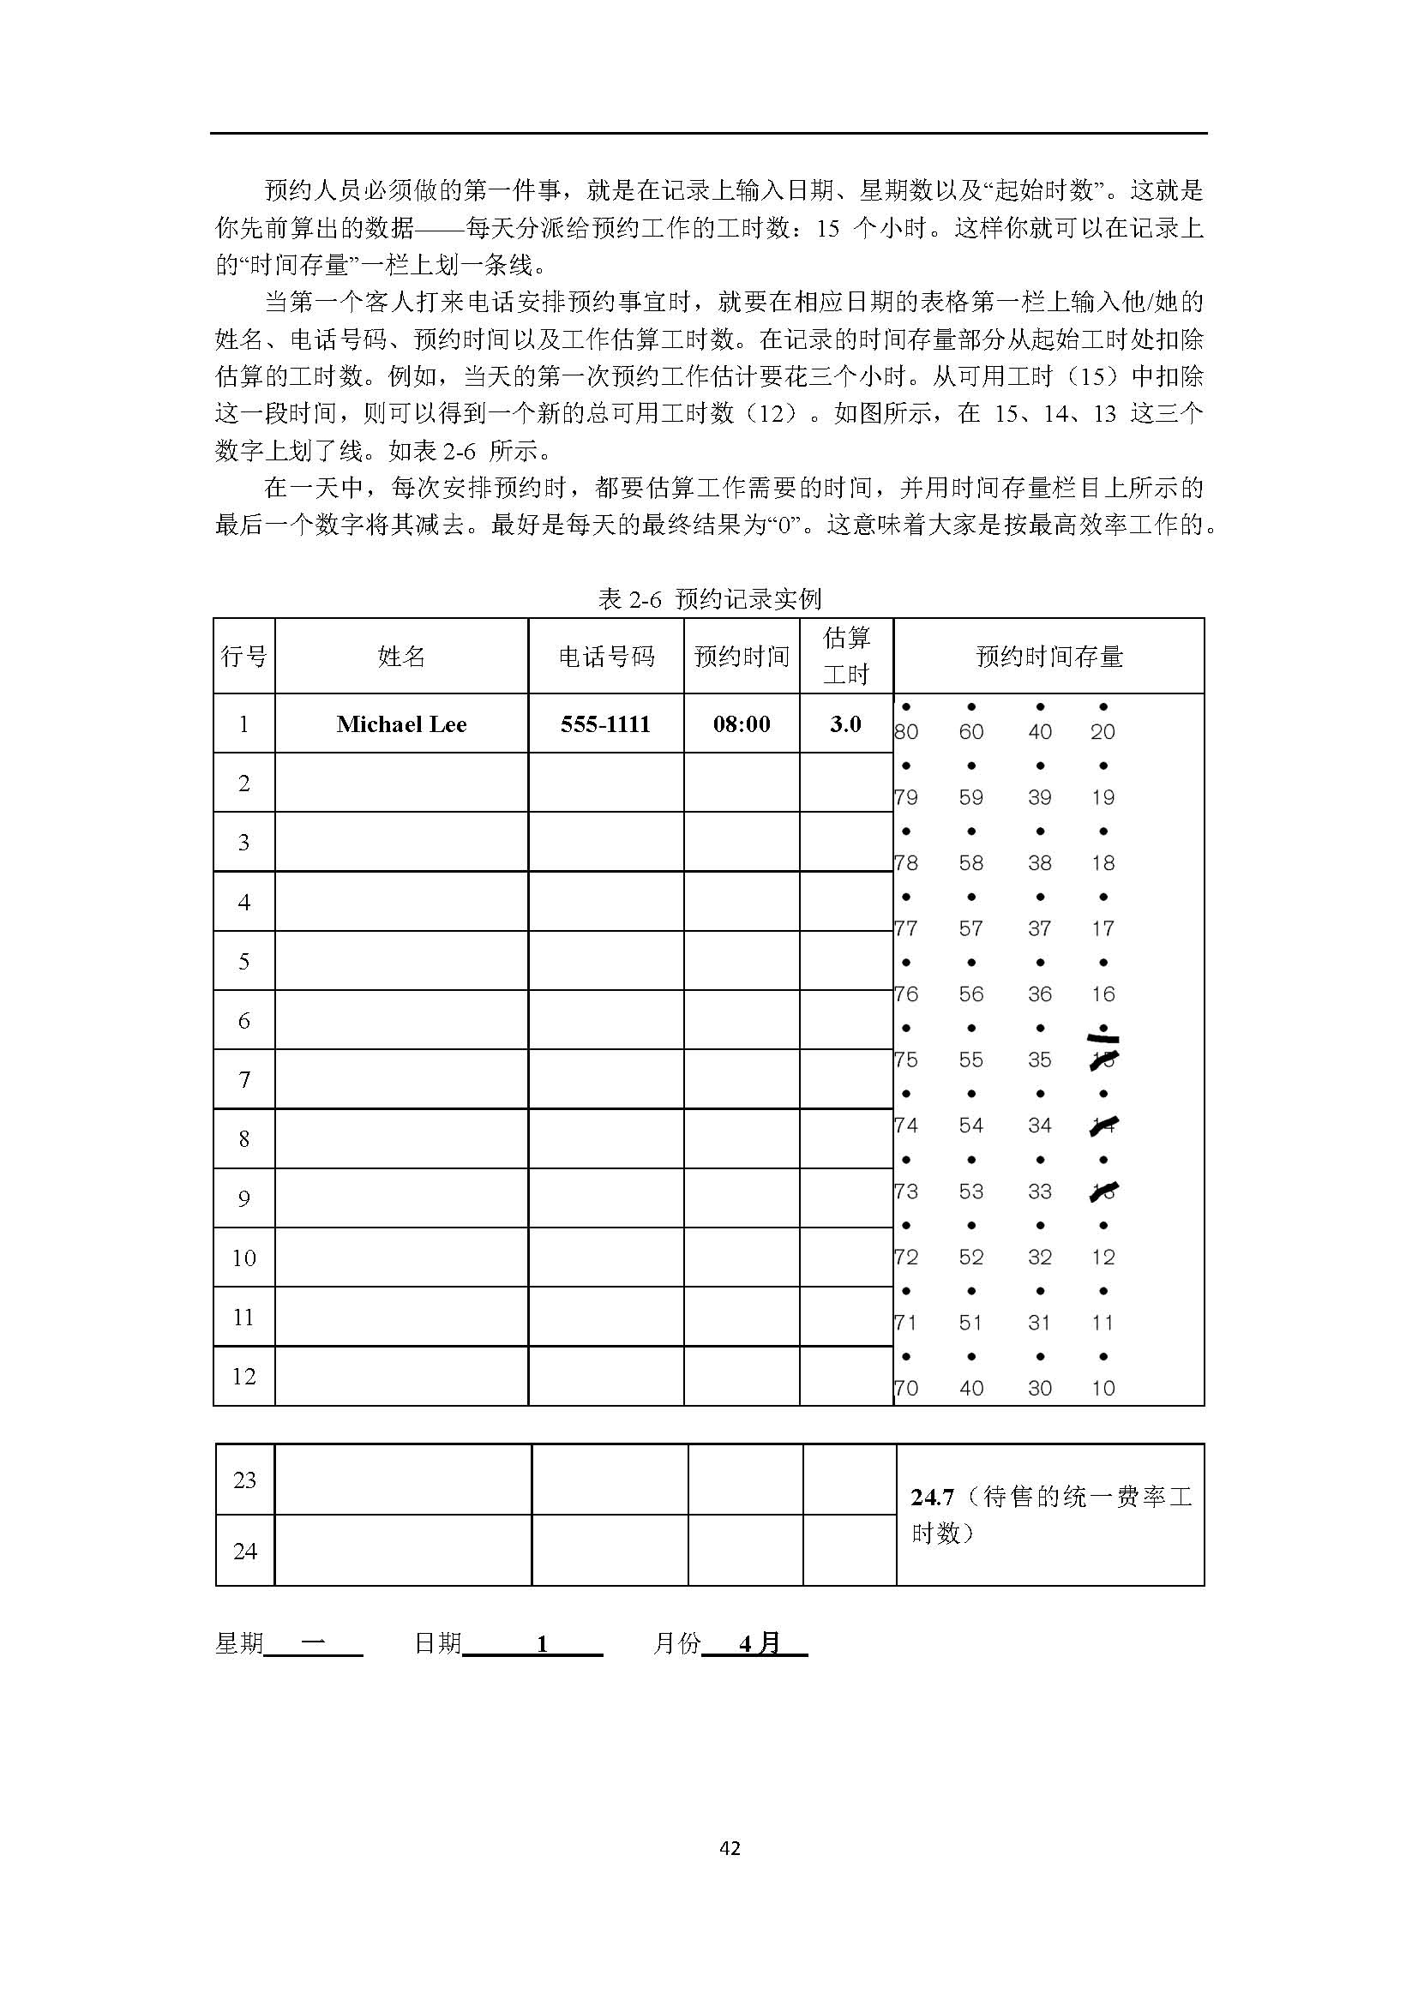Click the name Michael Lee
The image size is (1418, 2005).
point(400,724)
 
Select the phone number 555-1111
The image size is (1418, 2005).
point(605,724)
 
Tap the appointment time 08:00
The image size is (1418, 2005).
point(742,724)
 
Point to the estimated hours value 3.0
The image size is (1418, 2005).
point(845,724)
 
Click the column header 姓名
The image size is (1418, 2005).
point(400,657)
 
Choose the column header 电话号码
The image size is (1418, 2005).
point(606,657)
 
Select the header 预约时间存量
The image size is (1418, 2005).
point(1048,657)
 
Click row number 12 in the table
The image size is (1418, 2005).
point(243,1377)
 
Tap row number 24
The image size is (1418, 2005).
point(244,1551)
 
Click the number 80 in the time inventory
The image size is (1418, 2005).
point(906,732)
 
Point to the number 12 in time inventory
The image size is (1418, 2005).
point(1103,1257)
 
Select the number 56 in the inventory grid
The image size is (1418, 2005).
point(971,993)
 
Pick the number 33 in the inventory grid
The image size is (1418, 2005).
point(1039,1192)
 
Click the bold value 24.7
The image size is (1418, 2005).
point(932,1498)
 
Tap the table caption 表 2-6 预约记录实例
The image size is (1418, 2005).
point(709,599)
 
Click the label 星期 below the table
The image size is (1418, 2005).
point(238,1643)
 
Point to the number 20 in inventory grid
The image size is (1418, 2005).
point(1103,732)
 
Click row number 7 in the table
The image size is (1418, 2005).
point(243,1079)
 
